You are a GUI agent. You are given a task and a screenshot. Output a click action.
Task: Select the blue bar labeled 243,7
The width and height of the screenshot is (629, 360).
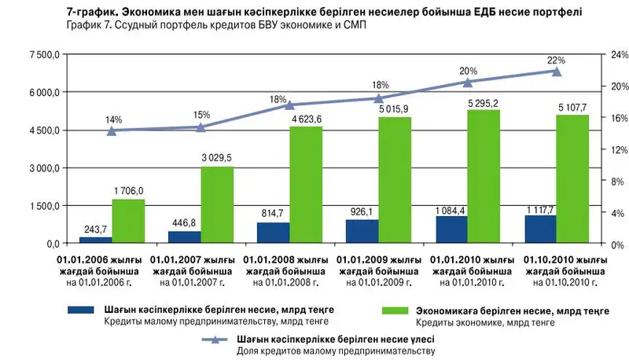pyautogui.click(x=95, y=240)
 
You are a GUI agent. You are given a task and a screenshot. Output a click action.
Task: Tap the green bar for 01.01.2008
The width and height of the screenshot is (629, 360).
pyautogui.click(x=306, y=185)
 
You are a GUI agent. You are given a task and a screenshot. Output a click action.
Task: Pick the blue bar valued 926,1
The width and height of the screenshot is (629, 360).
pyautogui.click(x=362, y=232)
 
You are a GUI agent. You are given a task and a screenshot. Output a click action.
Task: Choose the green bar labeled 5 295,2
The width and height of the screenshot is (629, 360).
pyautogui.click(x=484, y=177)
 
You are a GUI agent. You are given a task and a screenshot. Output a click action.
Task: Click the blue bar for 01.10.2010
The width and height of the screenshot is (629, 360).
pyautogui.click(x=540, y=230)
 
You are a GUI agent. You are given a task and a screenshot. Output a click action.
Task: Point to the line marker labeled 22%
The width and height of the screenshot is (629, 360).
pyautogui.click(x=556, y=72)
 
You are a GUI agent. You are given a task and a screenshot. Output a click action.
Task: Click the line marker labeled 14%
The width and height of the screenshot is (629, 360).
pyautogui.click(x=112, y=130)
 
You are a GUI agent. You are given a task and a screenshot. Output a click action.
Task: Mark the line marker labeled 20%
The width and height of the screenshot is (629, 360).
pyautogui.click(x=467, y=82)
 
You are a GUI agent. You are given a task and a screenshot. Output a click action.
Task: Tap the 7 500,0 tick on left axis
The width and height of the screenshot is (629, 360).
pyautogui.click(x=43, y=55)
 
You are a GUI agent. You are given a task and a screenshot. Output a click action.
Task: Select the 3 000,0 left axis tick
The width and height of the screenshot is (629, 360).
pyautogui.click(x=43, y=168)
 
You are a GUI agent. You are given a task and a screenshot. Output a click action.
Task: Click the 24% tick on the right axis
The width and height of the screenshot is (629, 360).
pyautogui.click(x=600, y=55)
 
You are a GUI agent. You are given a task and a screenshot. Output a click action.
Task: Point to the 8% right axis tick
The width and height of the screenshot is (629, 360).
pyautogui.click(x=598, y=181)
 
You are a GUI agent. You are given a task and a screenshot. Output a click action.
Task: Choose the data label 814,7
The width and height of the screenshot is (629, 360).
pyautogui.click(x=273, y=214)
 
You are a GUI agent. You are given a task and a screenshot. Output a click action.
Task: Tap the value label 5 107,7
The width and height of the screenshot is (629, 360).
pyautogui.click(x=572, y=107)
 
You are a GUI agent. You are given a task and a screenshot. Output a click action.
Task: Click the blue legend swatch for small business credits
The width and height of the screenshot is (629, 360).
pyautogui.click(x=79, y=310)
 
